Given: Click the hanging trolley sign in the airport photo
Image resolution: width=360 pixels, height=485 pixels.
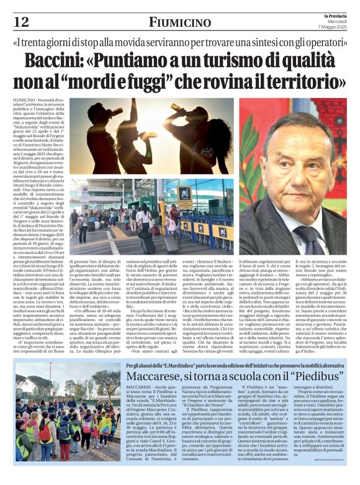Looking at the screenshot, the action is pyautogui.click(x=185, y=194).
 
